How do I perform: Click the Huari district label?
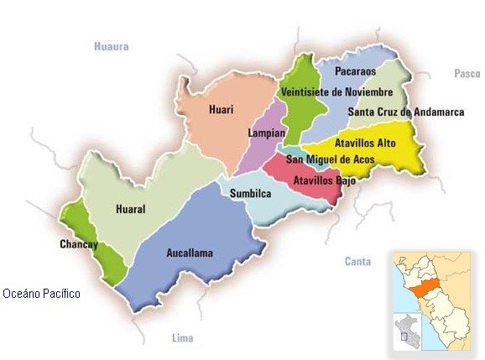click(x=222, y=109)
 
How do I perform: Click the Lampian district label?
click(x=267, y=133)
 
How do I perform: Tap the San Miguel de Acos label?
click(x=330, y=159)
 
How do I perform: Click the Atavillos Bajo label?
click(x=325, y=180)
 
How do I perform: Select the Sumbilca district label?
click(x=251, y=194)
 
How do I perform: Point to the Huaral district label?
click(x=131, y=211)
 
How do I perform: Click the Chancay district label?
click(x=79, y=244)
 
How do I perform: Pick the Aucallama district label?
click(x=190, y=252)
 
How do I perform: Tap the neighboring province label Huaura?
click(x=112, y=47)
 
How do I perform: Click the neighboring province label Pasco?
click(x=467, y=74)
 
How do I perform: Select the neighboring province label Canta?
click(x=357, y=262)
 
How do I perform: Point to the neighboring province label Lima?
click(x=182, y=338)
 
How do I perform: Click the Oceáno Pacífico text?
click(x=41, y=294)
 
